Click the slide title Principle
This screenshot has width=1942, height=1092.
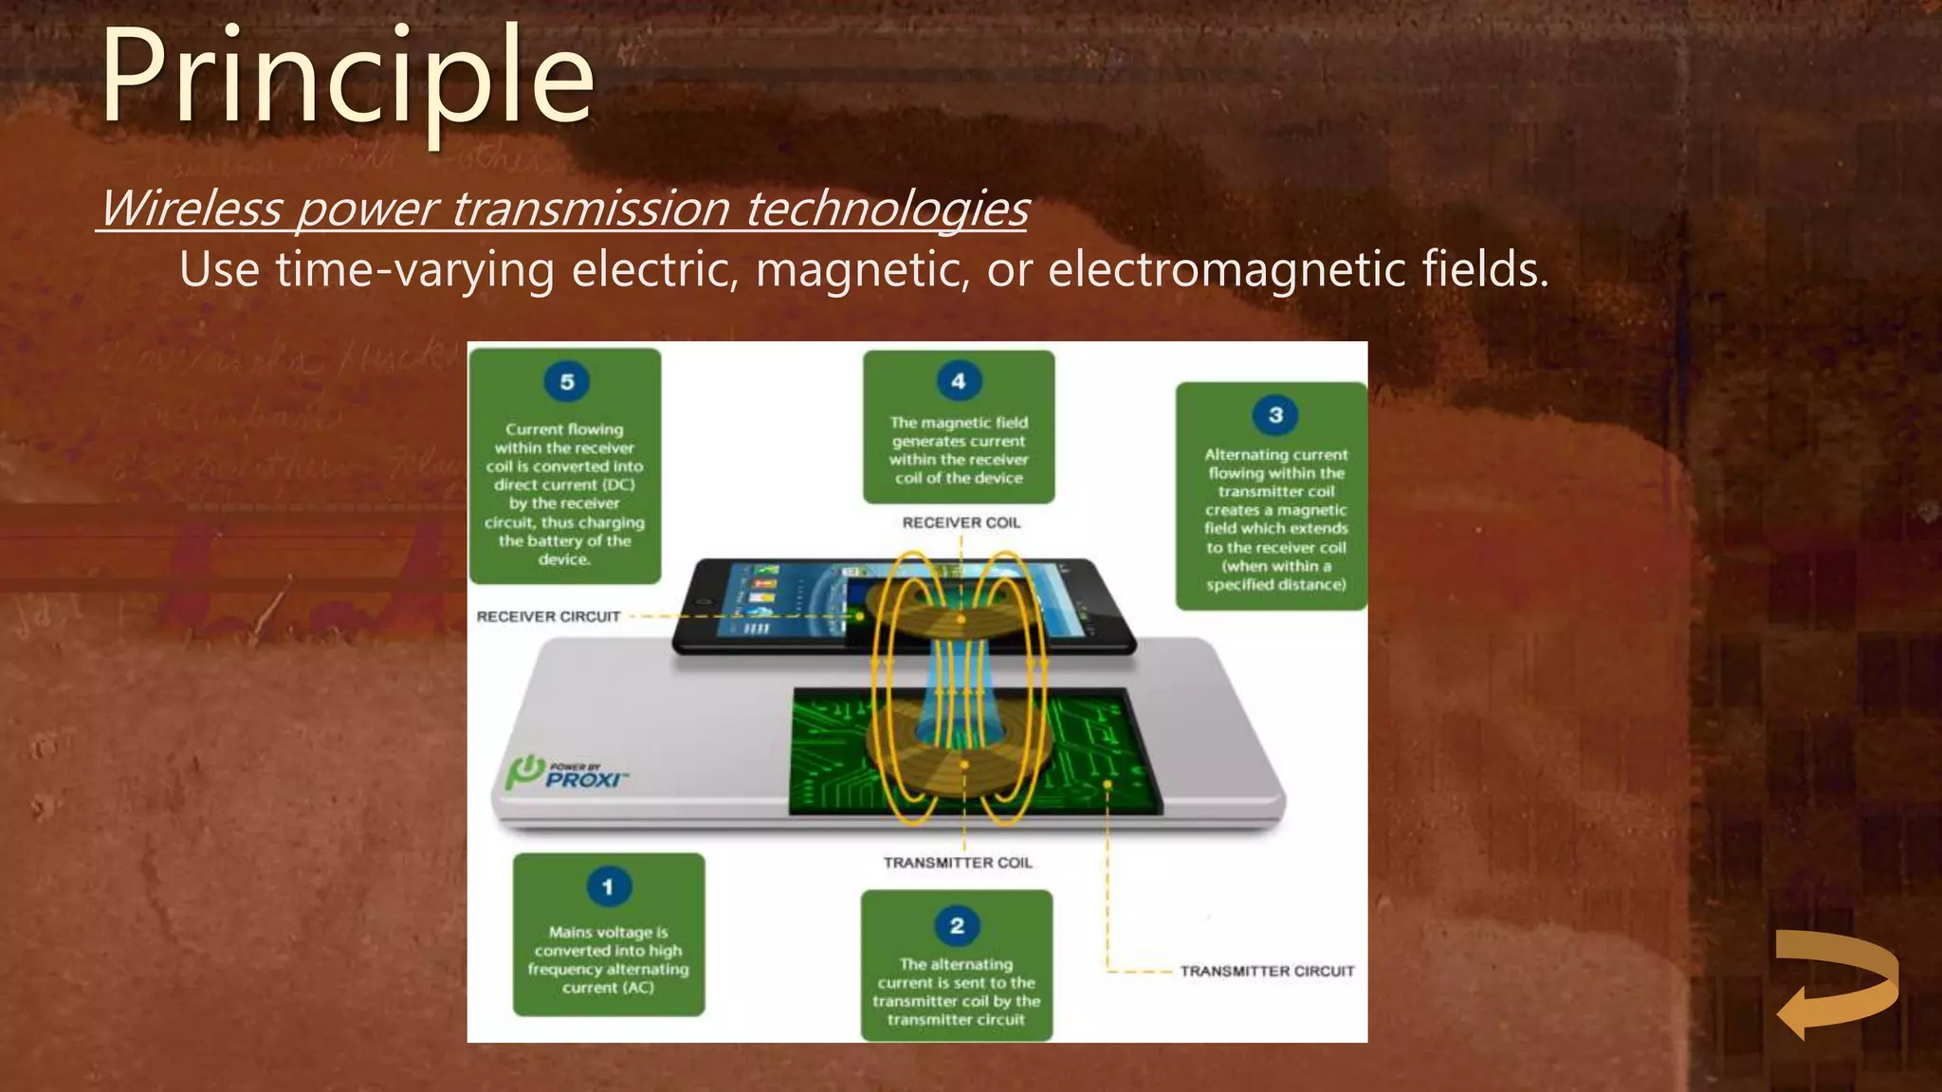click(x=347, y=78)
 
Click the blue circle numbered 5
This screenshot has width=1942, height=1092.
click(x=567, y=382)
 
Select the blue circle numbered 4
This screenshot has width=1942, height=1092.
click(x=959, y=381)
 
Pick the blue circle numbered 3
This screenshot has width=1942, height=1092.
click(x=1275, y=415)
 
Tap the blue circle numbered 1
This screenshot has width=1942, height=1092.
click(x=608, y=887)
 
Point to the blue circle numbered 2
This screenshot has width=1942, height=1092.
click(x=957, y=925)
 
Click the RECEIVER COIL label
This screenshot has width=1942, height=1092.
click(x=962, y=522)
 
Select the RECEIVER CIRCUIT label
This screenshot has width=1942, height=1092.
click(x=548, y=616)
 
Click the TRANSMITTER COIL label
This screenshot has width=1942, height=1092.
click(x=958, y=863)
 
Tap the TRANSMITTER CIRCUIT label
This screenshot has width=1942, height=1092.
click(x=1267, y=971)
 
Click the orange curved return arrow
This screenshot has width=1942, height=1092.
click(x=1836, y=984)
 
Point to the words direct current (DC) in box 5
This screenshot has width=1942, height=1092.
click(x=564, y=484)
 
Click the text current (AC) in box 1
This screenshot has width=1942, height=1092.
click(x=608, y=988)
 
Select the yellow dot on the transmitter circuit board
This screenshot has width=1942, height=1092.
click(x=1107, y=785)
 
